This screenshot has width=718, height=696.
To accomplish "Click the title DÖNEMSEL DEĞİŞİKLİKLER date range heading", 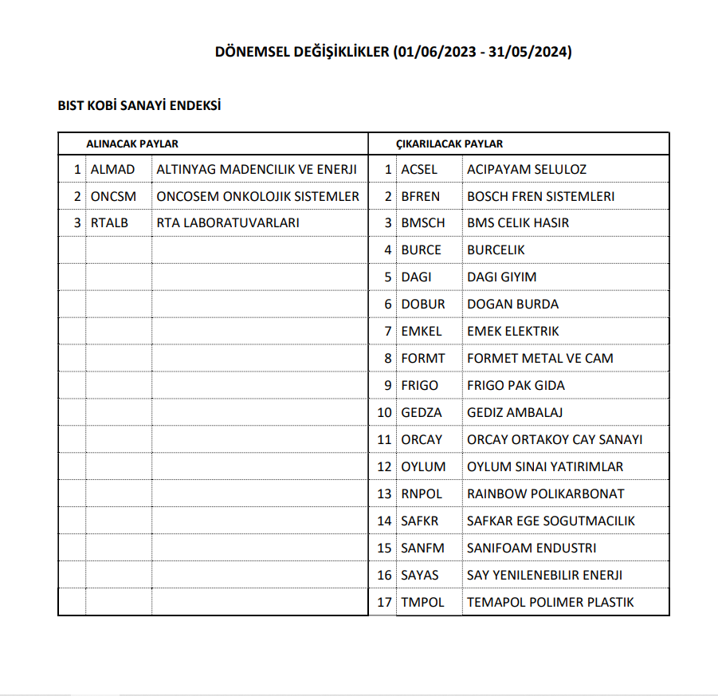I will pos(394,52).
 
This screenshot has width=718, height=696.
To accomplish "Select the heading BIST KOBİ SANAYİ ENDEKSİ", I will pos(139,105).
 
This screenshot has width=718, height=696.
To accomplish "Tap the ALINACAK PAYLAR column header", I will pos(132,144).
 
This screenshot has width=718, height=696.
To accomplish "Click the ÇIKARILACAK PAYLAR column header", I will pos(449,144).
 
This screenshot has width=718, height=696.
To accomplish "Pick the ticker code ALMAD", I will pos(113,169).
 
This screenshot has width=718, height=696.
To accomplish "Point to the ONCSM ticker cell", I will pos(114,196).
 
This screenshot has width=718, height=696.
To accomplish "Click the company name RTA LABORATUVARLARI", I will pos(228,223).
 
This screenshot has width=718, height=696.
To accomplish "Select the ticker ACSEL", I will pos(420,169).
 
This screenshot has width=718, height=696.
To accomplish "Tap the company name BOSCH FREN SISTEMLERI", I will pos(540,196).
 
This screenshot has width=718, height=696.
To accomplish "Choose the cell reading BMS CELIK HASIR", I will pos(518,223).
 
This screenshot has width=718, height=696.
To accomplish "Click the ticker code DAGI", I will pos(416,277).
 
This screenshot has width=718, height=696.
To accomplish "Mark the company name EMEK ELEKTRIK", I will pos(513,331).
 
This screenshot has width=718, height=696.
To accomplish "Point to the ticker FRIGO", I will pos(420,385).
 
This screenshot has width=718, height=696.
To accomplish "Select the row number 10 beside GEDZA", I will pos(385,412).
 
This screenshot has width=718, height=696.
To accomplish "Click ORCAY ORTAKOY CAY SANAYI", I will pos(555,439).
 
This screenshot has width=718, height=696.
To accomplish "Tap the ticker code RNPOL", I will pos(422,493).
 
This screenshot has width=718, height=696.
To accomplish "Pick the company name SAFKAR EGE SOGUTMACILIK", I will pos(551,521).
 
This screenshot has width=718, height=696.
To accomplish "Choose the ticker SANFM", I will pos(422,548).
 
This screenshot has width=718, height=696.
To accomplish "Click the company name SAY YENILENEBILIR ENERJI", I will pos(544,575).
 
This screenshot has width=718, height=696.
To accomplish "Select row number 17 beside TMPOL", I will pos(385,602).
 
